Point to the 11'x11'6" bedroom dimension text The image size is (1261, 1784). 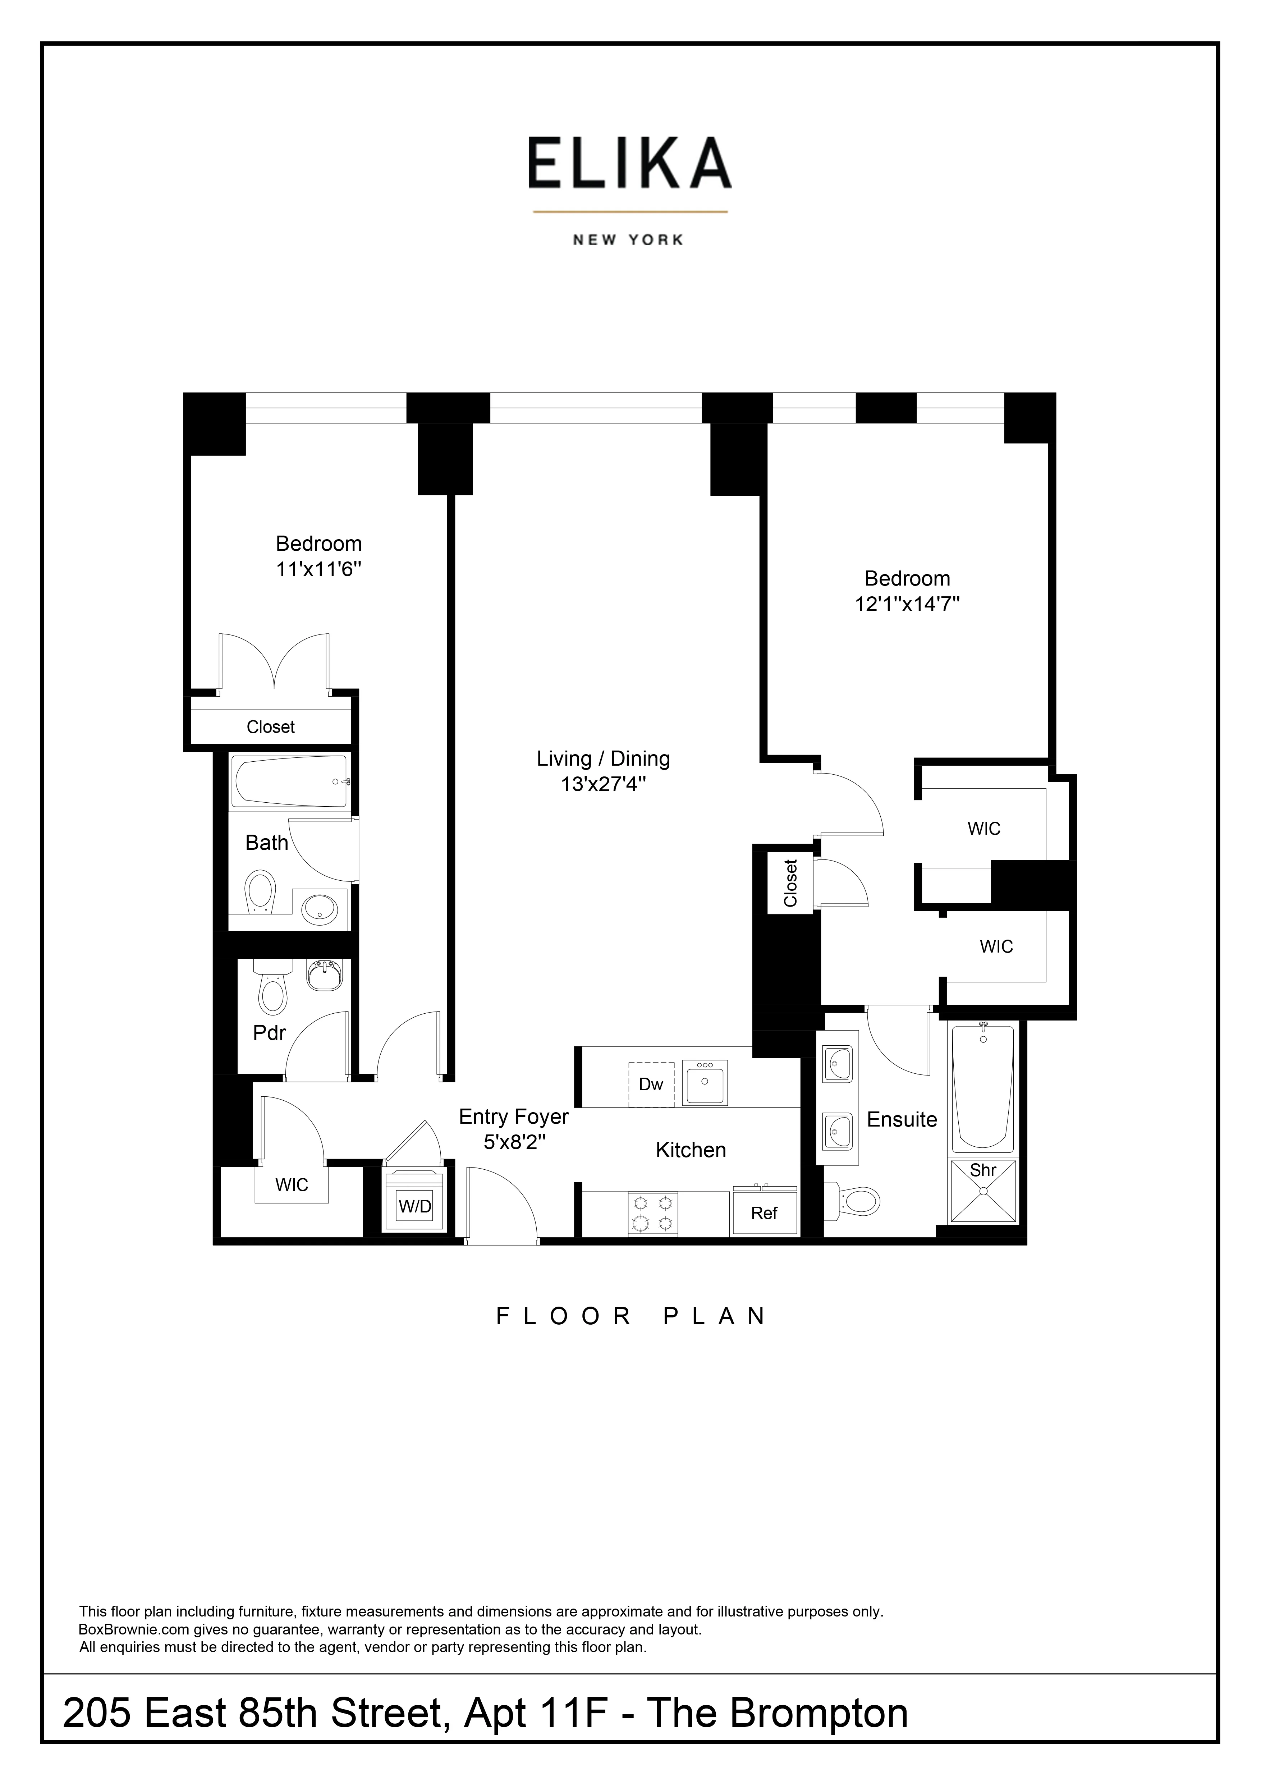tap(318, 569)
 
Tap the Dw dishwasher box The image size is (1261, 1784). tap(651, 1084)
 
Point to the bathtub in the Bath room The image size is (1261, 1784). tap(290, 781)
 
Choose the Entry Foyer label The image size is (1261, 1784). tap(514, 1116)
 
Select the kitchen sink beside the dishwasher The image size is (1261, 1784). tap(705, 1082)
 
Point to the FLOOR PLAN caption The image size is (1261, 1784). tap(631, 1316)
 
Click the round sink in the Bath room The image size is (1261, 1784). tap(319, 908)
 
